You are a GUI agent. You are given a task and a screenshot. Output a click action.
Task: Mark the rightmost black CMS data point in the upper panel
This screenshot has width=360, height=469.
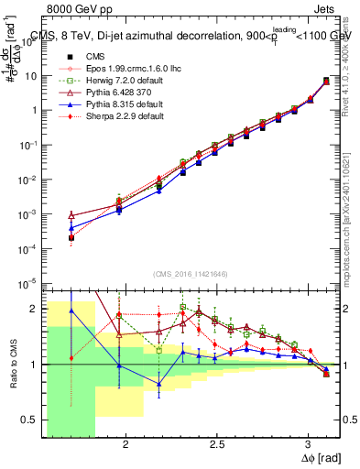tap(327, 82)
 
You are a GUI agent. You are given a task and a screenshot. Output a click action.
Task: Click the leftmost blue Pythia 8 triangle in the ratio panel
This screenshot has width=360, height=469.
tap(71, 311)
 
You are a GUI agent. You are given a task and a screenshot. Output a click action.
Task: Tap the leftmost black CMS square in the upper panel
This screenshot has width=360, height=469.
tap(71, 237)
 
